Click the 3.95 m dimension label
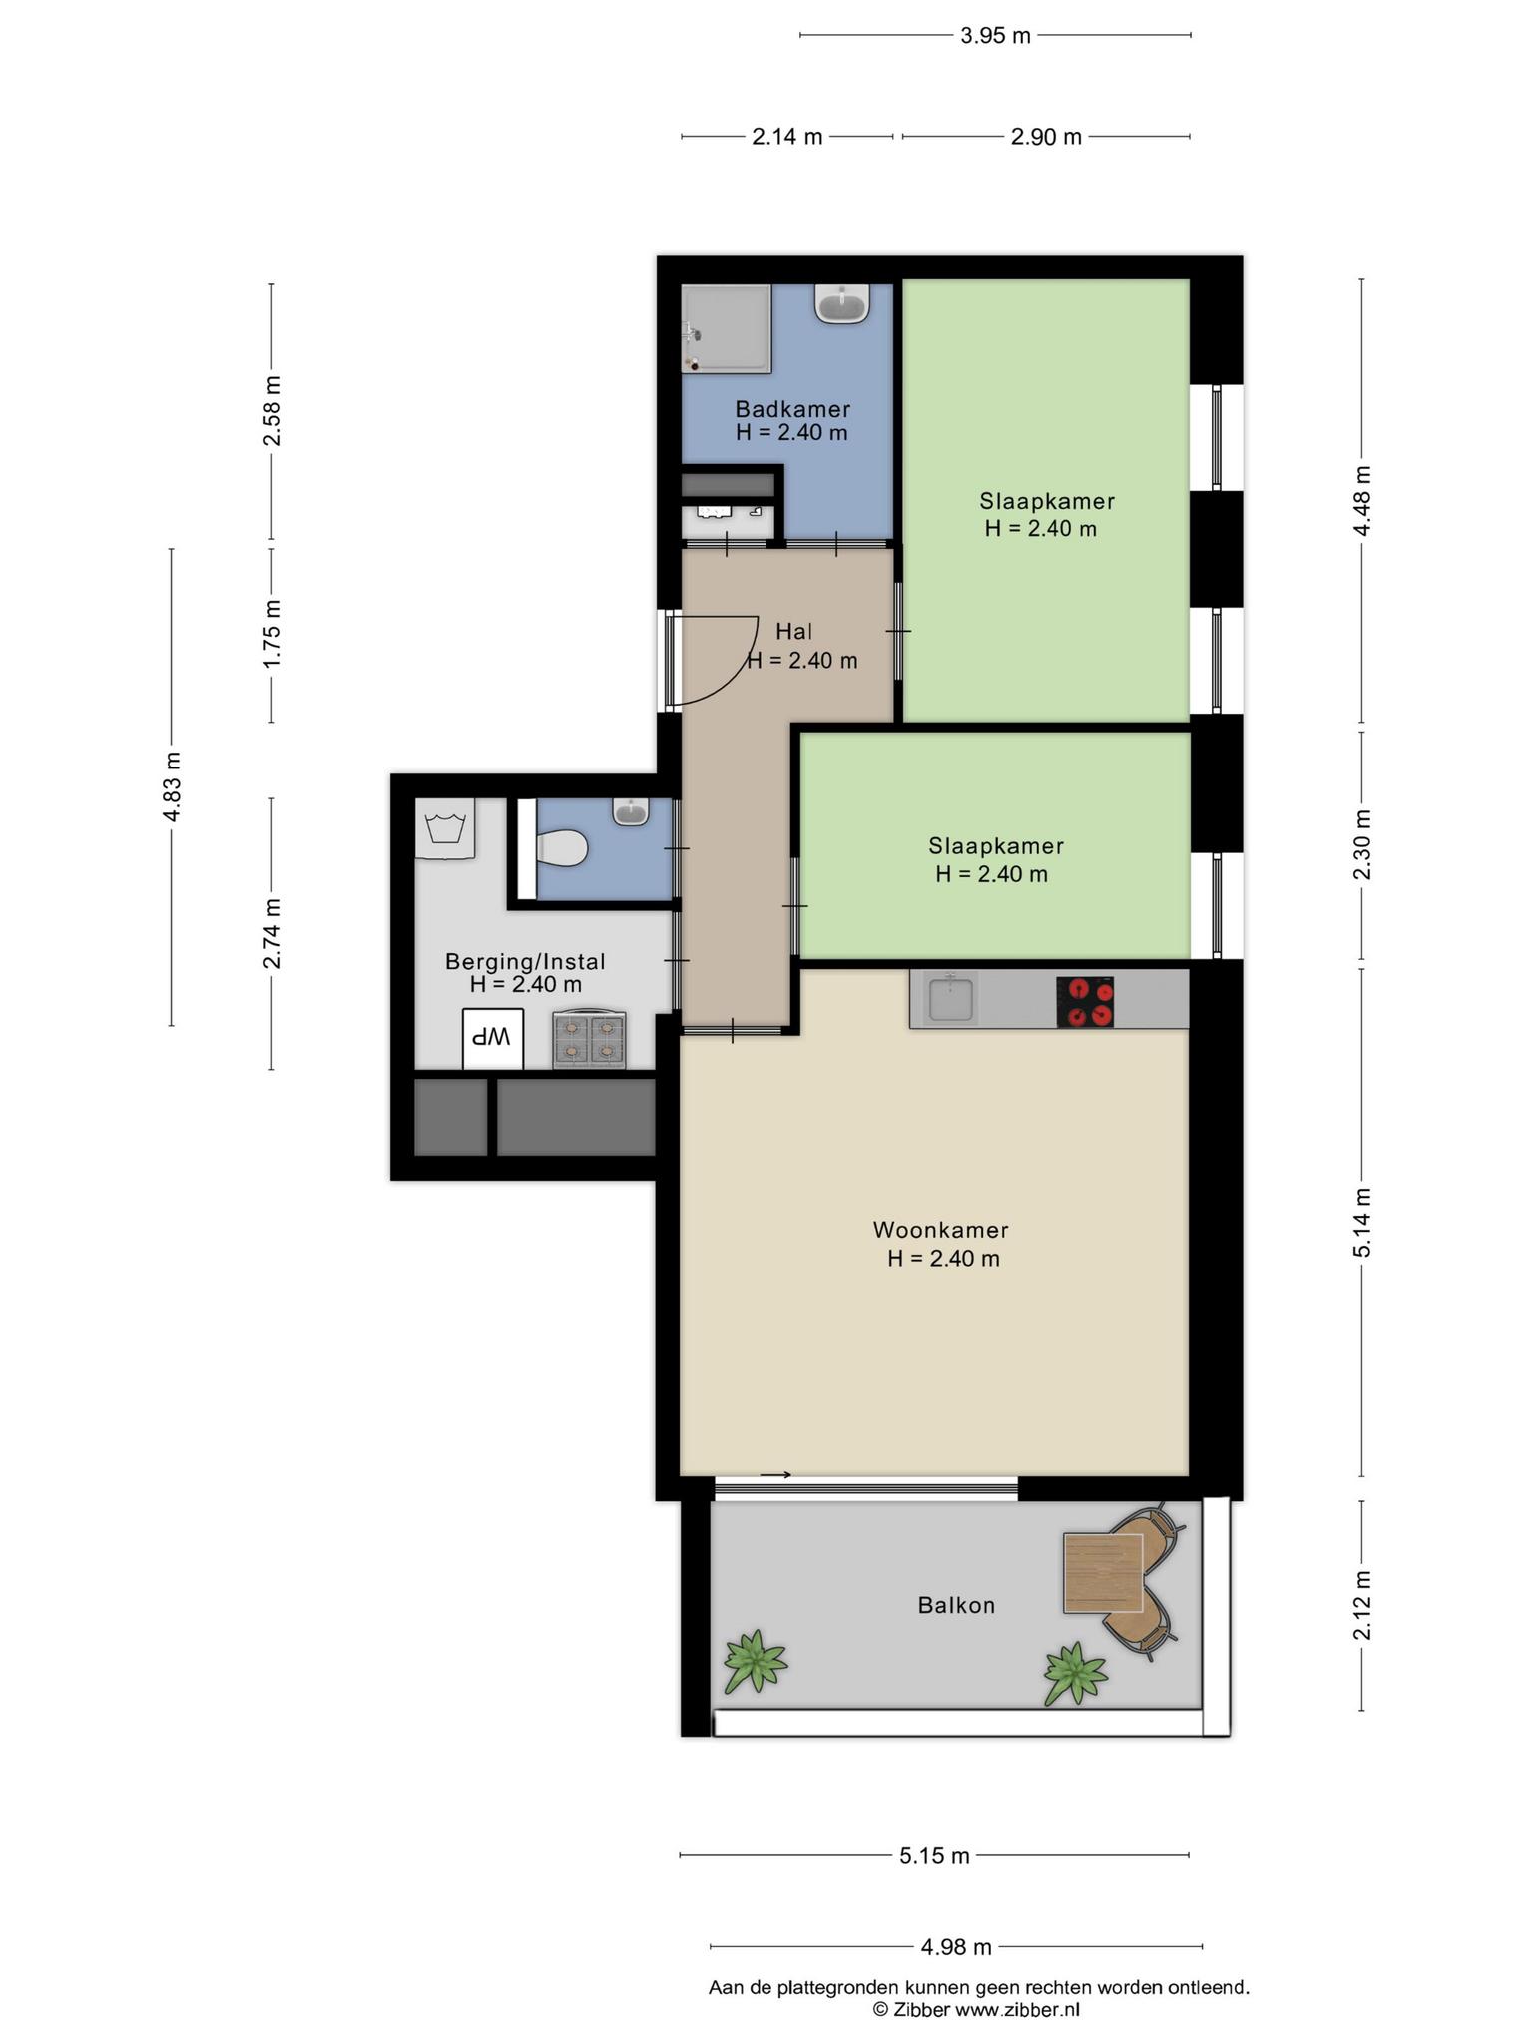pyautogui.click(x=995, y=36)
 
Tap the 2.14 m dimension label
pyautogui.click(x=787, y=137)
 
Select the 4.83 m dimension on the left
pyautogui.click(x=172, y=786)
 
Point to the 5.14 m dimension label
pyautogui.click(x=1363, y=1223)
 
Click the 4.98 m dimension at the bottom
pyautogui.click(x=956, y=1946)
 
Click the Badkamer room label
pyautogui.click(x=792, y=409)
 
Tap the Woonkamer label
pyautogui.click(x=940, y=1230)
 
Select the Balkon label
pyautogui.click(x=956, y=1605)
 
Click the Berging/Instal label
pyautogui.click(x=525, y=962)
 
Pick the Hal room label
pyautogui.click(x=794, y=631)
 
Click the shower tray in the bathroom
pyautogui.click(x=727, y=329)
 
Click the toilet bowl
pyautogui.click(x=562, y=849)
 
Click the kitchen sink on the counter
pyautogui.click(x=951, y=998)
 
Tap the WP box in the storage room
pyautogui.click(x=493, y=1039)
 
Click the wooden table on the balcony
pyautogui.click(x=1103, y=1573)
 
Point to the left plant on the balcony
pyautogui.click(x=755, y=1662)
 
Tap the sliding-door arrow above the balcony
pyautogui.click(x=775, y=1475)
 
